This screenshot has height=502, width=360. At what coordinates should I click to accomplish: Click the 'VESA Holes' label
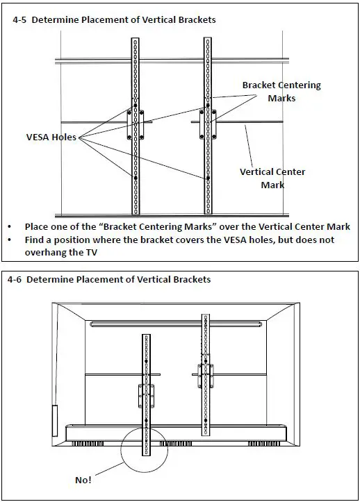click(x=51, y=137)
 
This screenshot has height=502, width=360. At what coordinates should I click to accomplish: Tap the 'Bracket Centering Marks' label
click(x=281, y=92)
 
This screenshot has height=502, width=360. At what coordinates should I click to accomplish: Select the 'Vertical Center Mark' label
click(x=272, y=178)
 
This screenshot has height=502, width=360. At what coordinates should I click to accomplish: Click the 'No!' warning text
click(x=83, y=480)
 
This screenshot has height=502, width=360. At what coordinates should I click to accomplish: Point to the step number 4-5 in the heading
click(x=19, y=20)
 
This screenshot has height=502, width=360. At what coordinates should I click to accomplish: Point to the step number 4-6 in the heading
click(x=14, y=280)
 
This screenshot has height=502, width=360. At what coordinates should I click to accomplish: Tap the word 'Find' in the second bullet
click(x=34, y=240)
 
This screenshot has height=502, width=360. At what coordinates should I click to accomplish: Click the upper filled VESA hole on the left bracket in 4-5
click(x=136, y=106)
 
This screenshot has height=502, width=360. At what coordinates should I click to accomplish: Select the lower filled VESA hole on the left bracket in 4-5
click(x=136, y=178)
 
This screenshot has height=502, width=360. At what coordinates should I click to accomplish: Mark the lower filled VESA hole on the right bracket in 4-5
click(x=208, y=178)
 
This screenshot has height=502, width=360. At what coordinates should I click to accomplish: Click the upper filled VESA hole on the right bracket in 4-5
click(x=208, y=106)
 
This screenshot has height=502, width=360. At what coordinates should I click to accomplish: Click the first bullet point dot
click(x=10, y=227)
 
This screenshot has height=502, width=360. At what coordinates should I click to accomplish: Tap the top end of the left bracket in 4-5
click(x=136, y=38)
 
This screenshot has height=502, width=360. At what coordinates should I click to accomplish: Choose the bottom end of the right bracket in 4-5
click(x=208, y=214)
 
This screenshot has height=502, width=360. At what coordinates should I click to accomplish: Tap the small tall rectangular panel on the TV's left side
click(x=55, y=420)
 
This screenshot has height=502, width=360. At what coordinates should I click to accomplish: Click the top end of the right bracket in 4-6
click(x=206, y=315)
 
